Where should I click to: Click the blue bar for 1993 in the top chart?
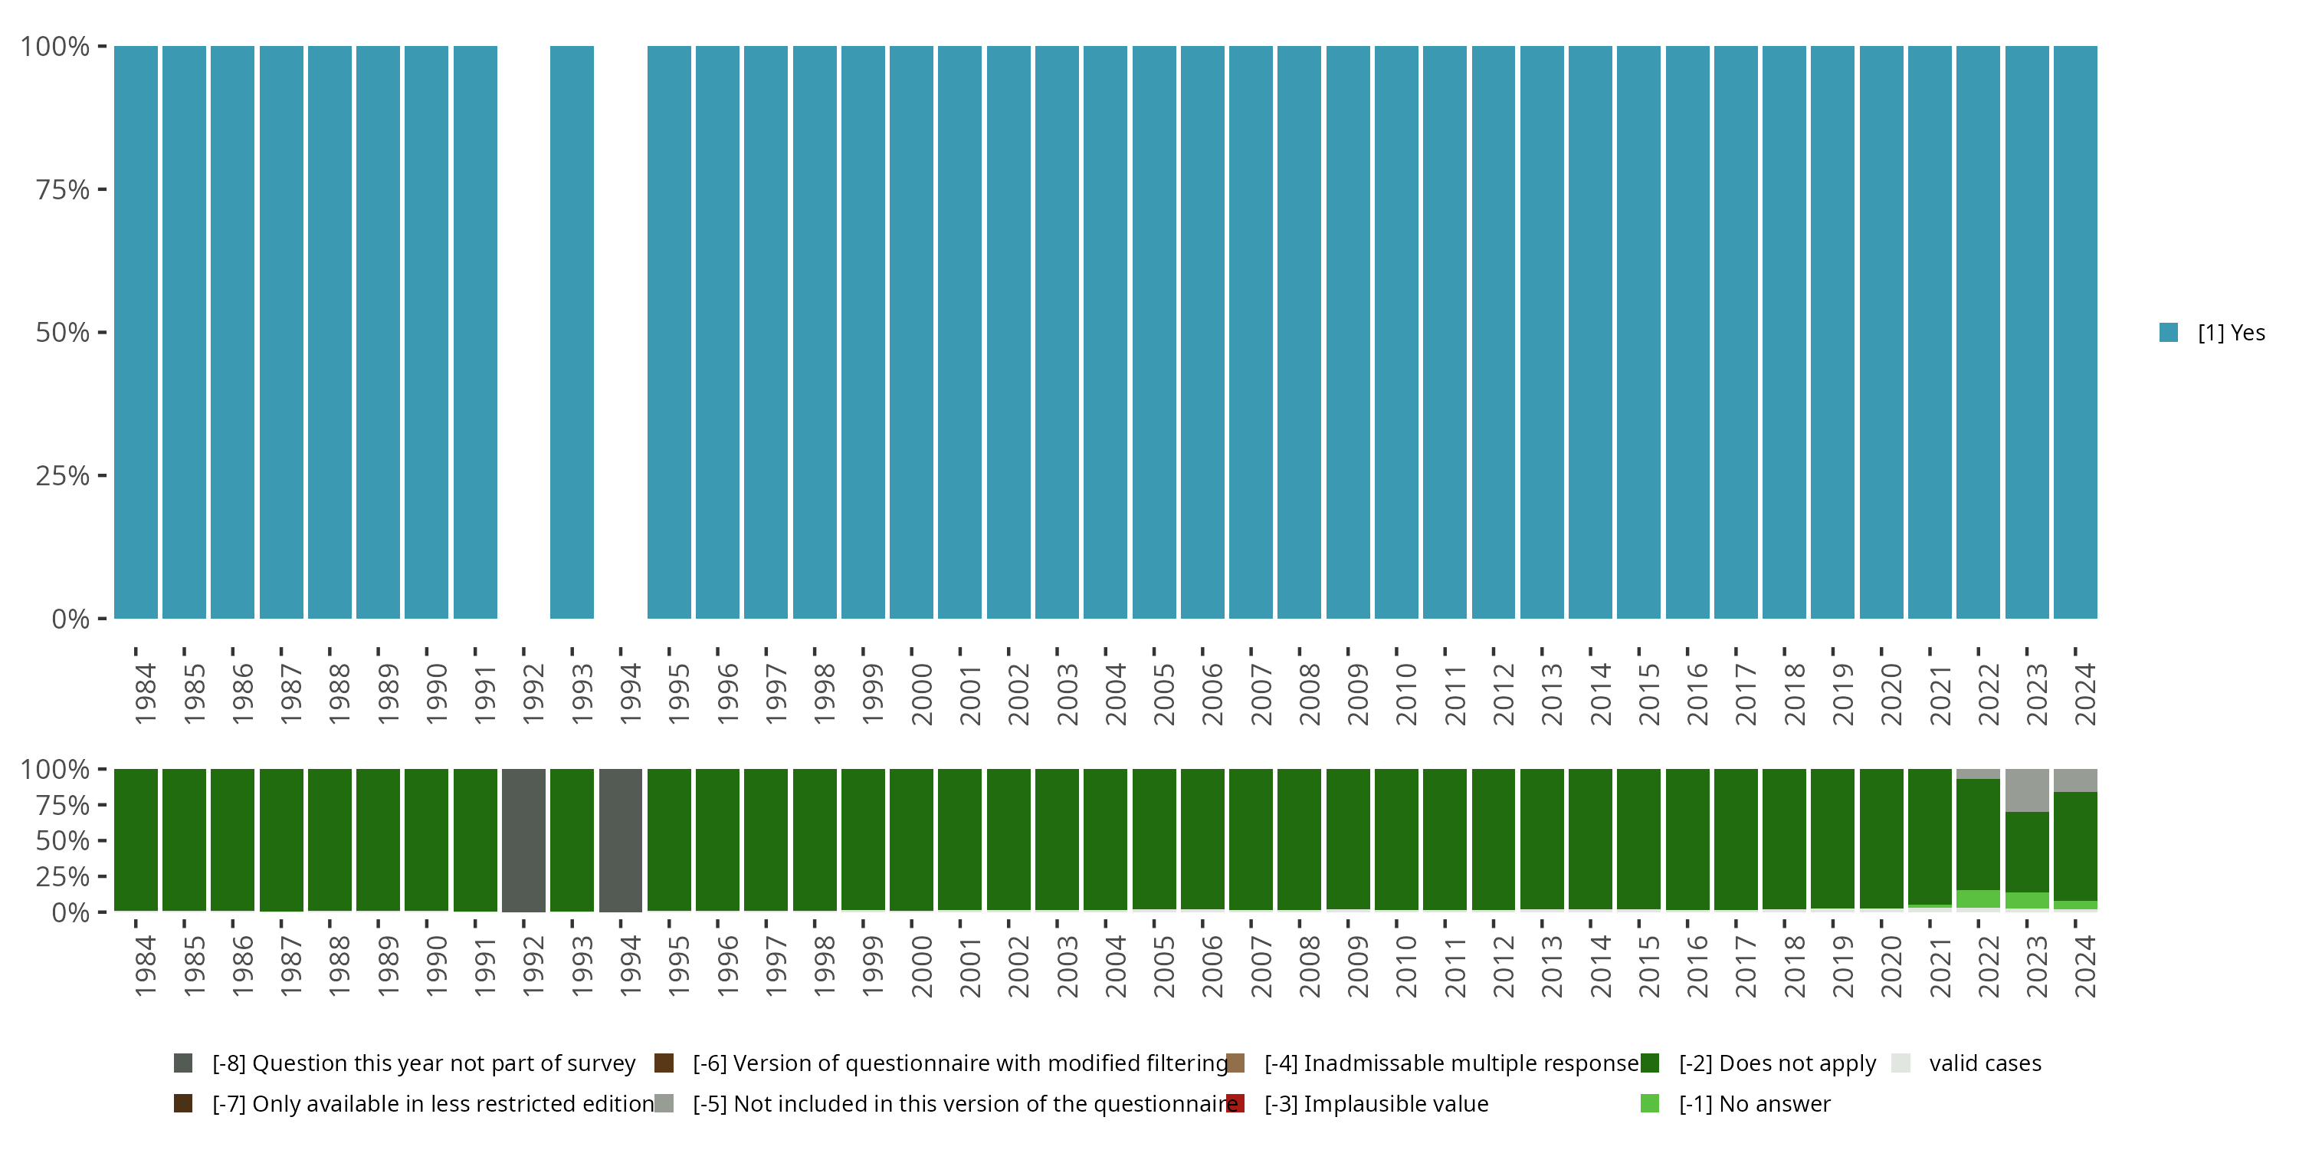coord(571,332)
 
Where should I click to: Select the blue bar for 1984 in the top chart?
coord(136,332)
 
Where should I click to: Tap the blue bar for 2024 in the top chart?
coord(2075,332)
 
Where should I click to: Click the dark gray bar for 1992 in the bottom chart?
coord(523,840)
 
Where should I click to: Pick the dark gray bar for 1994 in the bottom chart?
coord(620,840)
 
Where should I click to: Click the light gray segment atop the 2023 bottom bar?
coord(2027,790)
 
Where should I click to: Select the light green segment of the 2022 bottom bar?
coord(1978,899)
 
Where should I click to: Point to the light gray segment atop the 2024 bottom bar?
coord(2075,780)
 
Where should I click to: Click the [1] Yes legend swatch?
coord(2169,333)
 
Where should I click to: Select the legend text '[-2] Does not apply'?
coord(1777,1063)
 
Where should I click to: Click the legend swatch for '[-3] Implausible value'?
coord(1235,1103)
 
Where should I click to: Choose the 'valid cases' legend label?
coord(1985,1063)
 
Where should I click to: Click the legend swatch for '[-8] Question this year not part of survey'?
coord(183,1063)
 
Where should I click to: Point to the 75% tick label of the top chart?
coord(63,189)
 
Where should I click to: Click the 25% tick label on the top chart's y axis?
coord(63,476)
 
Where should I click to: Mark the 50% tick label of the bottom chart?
coord(63,841)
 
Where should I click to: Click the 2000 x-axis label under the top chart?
coord(921,694)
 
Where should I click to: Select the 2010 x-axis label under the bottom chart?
coord(1405,966)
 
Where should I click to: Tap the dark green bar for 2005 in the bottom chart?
coord(1154,839)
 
